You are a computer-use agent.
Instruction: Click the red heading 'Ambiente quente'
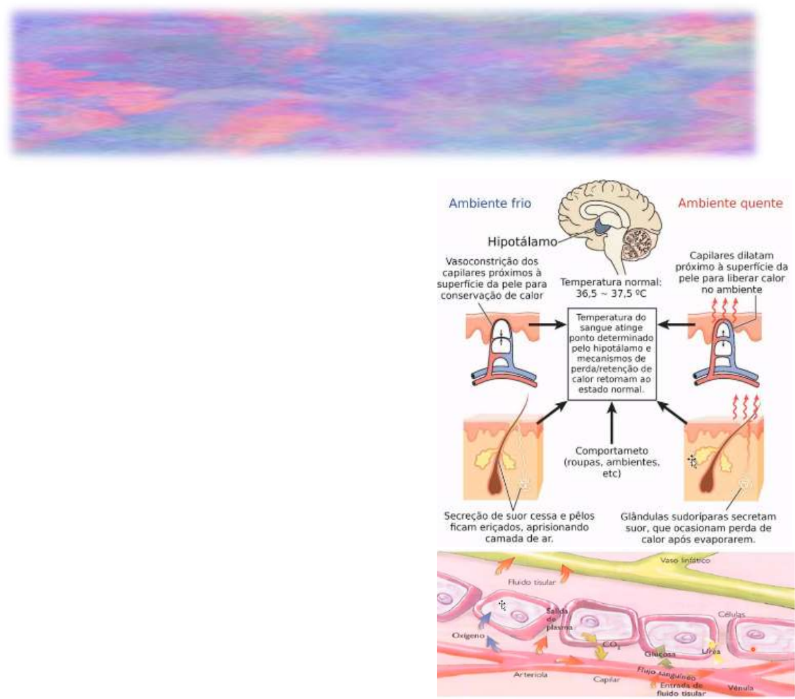coord(730,204)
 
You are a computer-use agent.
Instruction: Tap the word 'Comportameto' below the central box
coord(612,453)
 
